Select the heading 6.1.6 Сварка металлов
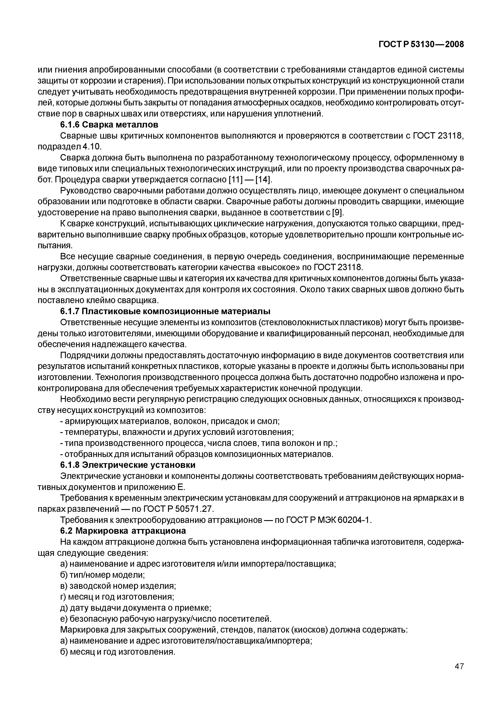pos(109,125)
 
